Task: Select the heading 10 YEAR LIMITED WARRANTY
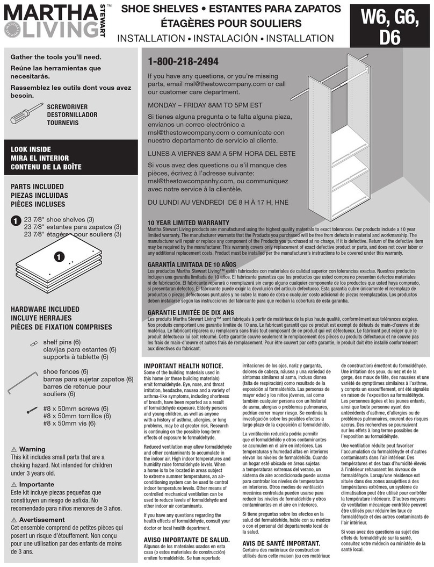pos(186,223)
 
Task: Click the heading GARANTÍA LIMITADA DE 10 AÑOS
pos(192,264)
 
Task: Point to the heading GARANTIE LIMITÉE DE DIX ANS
pos(191,312)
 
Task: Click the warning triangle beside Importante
pos(14,484)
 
